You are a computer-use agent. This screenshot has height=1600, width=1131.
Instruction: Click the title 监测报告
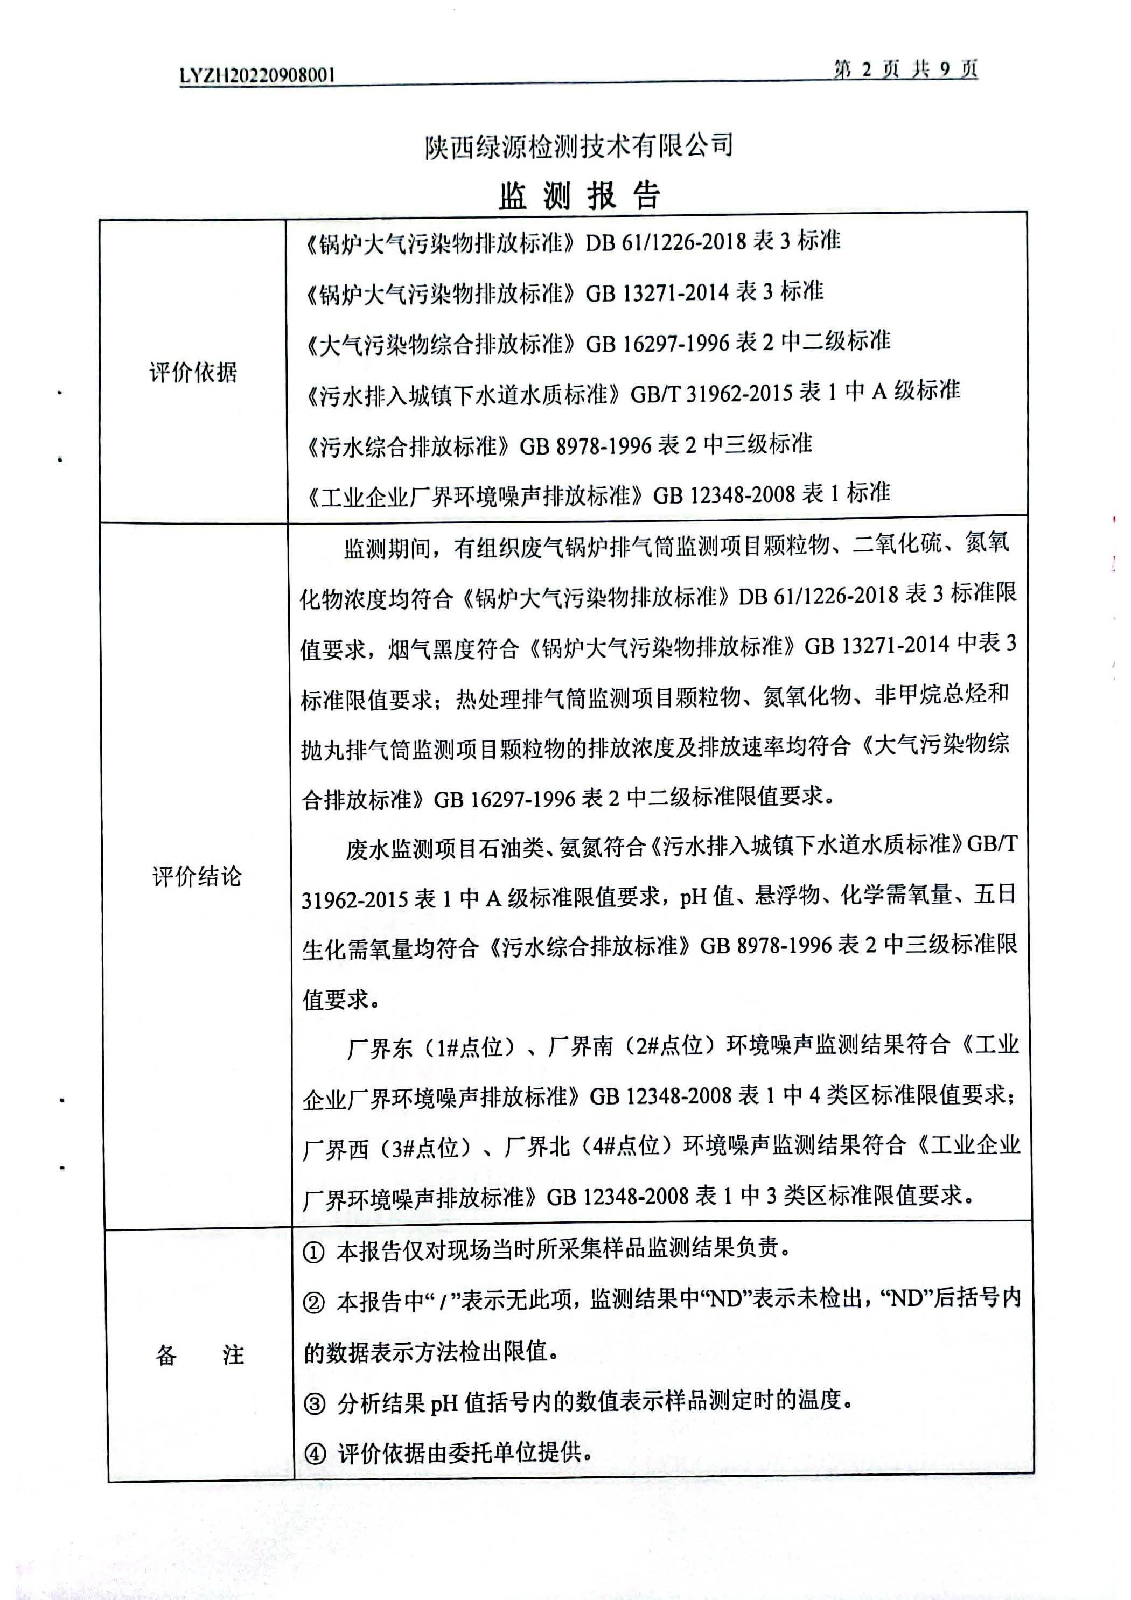[x=578, y=196]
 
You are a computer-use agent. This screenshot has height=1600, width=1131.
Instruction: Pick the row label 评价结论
[x=197, y=876]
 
